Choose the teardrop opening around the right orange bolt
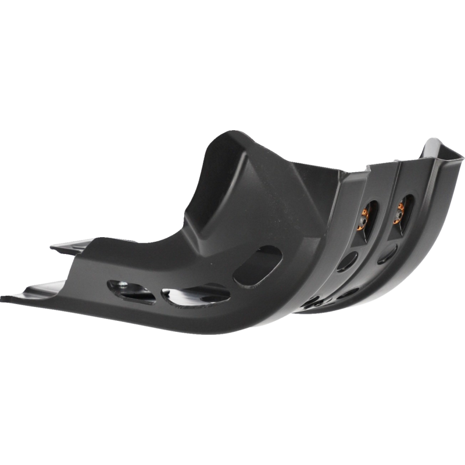pos(402,212)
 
